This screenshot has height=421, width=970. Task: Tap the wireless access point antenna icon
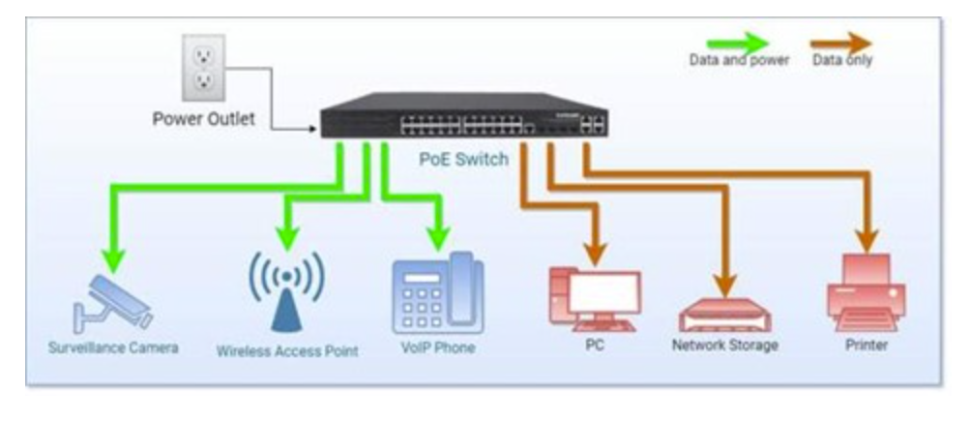[x=286, y=290]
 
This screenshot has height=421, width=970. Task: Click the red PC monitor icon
[x=594, y=296]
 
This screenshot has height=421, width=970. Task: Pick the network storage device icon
[x=724, y=315]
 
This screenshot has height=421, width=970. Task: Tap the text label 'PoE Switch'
[x=463, y=159]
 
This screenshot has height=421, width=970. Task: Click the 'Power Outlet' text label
[x=204, y=120]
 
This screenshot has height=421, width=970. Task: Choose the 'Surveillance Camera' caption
[x=113, y=346]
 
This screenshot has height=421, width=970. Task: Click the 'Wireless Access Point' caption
[x=287, y=351]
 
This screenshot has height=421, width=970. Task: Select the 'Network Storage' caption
[x=724, y=345]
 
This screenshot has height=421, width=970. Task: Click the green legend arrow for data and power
[x=737, y=43]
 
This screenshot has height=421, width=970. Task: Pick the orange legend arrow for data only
[x=840, y=43]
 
